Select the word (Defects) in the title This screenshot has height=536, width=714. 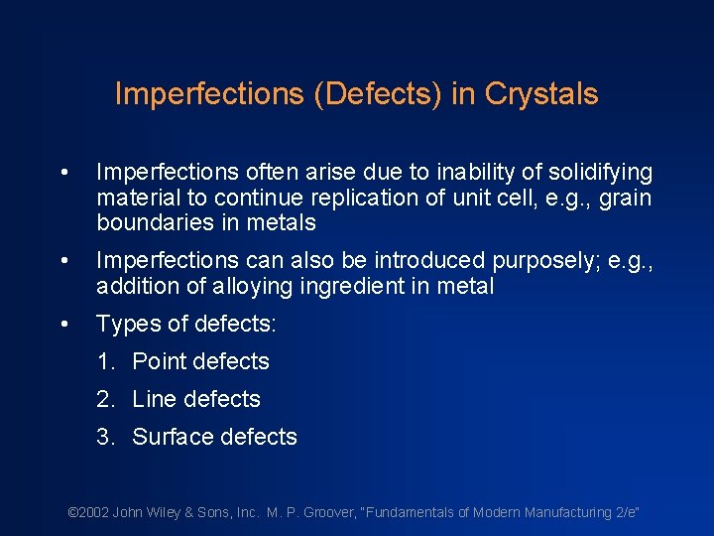(370, 94)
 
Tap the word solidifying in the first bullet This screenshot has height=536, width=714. (595, 173)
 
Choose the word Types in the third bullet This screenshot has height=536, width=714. (124, 324)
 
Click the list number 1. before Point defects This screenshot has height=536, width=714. (106, 361)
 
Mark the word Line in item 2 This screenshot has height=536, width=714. (153, 399)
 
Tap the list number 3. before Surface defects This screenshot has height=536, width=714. (106, 437)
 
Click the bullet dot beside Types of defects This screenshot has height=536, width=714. (63, 325)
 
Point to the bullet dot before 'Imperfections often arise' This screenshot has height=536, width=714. (63, 174)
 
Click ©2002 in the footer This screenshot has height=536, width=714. (87, 512)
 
